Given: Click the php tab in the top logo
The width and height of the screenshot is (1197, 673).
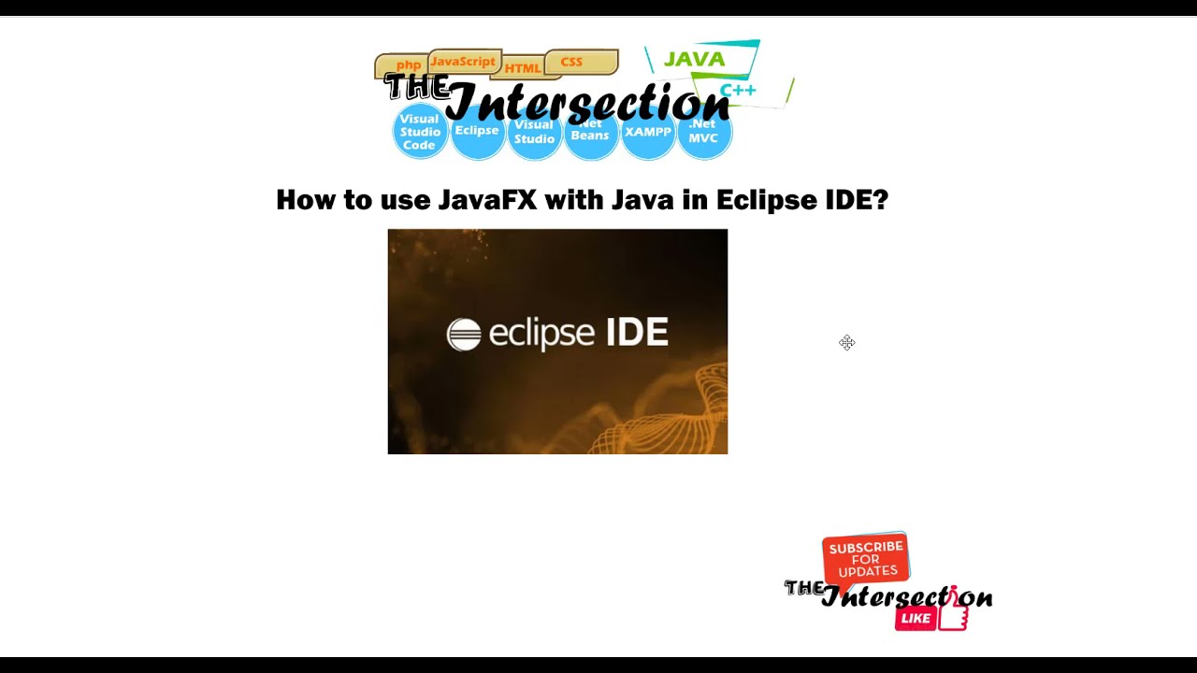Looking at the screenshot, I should (x=409, y=65).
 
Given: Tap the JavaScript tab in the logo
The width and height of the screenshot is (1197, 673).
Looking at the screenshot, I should (x=463, y=62).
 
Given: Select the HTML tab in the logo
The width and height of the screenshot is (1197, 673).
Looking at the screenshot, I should (x=523, y=68).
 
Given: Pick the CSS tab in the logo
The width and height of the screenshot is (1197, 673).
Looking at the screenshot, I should (x=571, y=62).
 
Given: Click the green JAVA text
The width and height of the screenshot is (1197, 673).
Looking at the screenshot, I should (x=694, y=59).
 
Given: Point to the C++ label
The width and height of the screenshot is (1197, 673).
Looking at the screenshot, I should (x=738, y=91).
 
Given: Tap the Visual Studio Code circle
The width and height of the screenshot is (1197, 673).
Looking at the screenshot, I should (x=420, y=133).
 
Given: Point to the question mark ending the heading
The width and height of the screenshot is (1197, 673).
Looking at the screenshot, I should (x=879, y=200).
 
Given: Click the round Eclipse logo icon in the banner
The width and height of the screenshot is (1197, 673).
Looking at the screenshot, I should (x=464, y=334).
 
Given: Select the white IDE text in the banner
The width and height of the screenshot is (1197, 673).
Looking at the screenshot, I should (x=637, y=333).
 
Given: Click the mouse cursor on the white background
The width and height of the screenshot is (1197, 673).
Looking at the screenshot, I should (x=846, y=343).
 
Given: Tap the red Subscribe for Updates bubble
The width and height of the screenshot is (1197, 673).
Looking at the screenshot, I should (x=866, y=559).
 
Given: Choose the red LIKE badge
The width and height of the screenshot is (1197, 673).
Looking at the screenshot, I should (x=916, y=618).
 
